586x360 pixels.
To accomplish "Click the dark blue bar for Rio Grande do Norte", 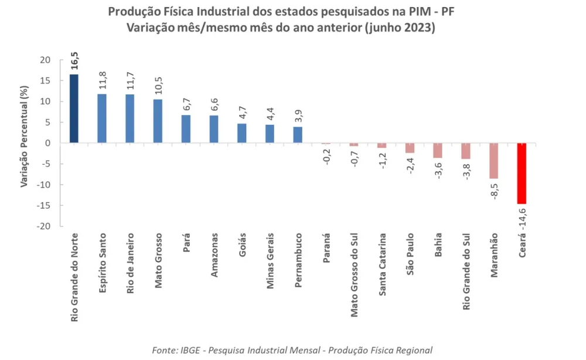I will click(74, 108).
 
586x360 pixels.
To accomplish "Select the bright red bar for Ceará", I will click(522, 174).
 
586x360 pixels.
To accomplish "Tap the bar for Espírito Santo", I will click(102, 118).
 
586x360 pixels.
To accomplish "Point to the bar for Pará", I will click(186, 129).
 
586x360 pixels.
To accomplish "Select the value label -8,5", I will click(494, 191).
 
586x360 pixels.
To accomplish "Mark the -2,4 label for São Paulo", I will click(410, 166).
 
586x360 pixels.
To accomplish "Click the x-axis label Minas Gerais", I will click(270, 259).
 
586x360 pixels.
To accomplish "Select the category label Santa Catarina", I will click(382, 265).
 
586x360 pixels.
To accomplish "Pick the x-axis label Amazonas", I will click(214, 255).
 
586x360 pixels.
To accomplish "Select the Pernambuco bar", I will click(298, 135).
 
